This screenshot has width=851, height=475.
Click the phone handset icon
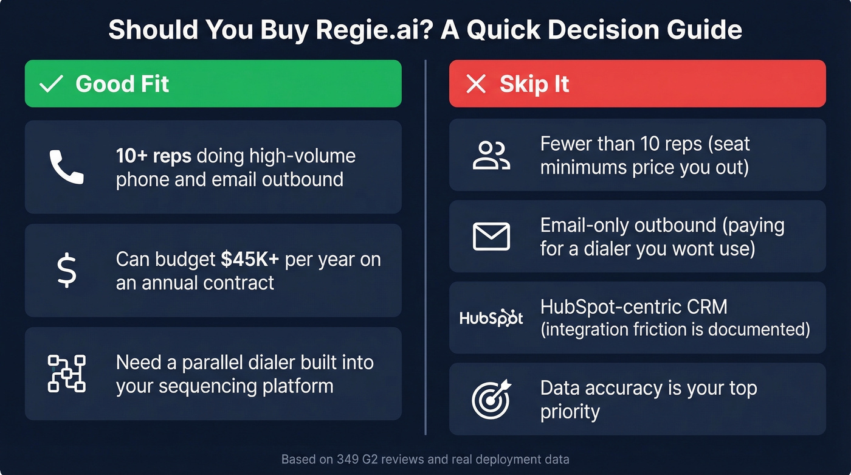coord(66,167)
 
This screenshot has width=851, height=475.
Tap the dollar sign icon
coord(66,271)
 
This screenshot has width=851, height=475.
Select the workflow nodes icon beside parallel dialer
coord(66,373)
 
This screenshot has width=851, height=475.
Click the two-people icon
coord(491,155)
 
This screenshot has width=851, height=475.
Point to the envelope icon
coord(491,236)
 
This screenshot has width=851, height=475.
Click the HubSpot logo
coord(491,317)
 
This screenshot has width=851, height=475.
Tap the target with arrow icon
coord(491,399)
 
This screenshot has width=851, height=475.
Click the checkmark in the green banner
coord(51,84)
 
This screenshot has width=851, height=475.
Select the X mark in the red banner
coord(475,84)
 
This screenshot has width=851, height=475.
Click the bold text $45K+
coord(250,259)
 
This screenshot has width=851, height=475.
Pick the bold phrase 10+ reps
coord(154,156)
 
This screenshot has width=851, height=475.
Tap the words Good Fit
coord(122,84)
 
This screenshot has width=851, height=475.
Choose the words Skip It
coord(534,84)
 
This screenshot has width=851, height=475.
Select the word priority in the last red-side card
coord(570,411)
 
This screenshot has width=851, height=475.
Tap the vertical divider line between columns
coord(425,243)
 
